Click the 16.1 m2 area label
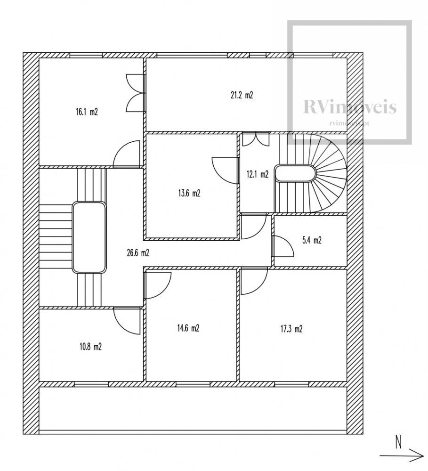87,112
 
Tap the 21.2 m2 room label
242,95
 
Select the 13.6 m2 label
190,193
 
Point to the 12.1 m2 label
257,174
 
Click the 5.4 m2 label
311,240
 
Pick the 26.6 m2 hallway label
138,253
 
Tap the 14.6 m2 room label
188,328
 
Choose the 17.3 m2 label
291,329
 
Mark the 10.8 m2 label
90,347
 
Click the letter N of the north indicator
398,443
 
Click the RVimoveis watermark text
349,107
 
